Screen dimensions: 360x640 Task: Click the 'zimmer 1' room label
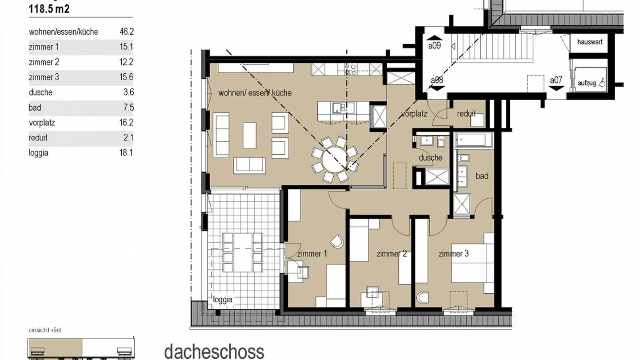312,254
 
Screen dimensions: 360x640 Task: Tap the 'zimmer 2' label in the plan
392,254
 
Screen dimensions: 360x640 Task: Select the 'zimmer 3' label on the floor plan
453,254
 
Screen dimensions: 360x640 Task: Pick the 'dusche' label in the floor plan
430,158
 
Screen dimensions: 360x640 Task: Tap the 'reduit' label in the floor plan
466,114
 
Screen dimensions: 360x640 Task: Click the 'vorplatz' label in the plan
414,114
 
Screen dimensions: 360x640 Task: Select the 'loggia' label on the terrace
223,300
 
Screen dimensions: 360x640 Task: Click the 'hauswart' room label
590,42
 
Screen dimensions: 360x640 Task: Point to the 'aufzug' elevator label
587,83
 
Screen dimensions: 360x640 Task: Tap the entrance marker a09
434,45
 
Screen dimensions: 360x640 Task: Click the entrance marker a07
556,80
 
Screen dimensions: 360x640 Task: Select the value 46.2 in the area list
127,32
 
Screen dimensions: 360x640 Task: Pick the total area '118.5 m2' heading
49,9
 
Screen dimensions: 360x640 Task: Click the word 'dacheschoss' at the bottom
214,351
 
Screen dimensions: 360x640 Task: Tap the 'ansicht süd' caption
44,330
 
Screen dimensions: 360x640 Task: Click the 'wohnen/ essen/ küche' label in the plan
255,93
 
